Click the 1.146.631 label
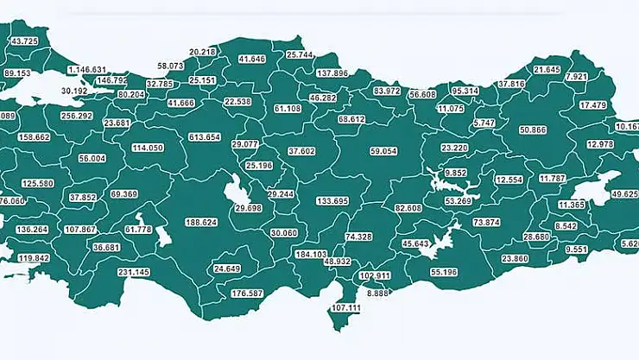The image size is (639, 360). click(88, 69)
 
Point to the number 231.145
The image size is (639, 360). click(134, 272)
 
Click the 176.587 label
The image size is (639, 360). click(248, 294)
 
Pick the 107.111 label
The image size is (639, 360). click(345, 307)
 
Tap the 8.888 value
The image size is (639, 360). click(378, 294)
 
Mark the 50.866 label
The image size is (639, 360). click(533, 129)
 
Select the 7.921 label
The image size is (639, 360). click(576, 77)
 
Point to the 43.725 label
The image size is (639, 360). click(23, 41)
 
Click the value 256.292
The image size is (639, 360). click(77, 116)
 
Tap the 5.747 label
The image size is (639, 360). click(484, 123)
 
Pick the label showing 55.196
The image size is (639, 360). click(444, 272)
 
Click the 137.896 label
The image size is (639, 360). click(332, 73)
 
